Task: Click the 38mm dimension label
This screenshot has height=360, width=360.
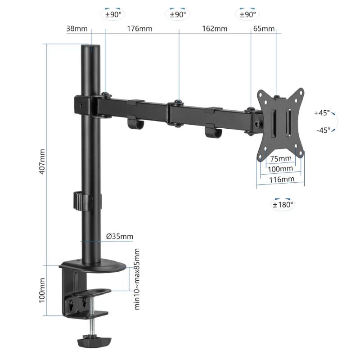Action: pyautogui.click(x=77, y=29)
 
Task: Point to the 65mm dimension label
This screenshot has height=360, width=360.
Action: pyautogui.click(x=264, y=29)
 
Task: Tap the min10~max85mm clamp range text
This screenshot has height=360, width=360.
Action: pyautogui.click(x=137, y=279)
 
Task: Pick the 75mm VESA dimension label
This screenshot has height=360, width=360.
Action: pyautogui.click(x=280, y=158)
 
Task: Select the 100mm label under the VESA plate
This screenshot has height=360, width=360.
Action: pyautogui.click(x=280, y=169)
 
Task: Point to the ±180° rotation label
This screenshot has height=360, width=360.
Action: pyautogui.click(x=283, y=204)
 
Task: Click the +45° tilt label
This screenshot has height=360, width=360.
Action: pyautogui.click(x=322, y=113)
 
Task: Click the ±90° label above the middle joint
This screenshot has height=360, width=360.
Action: pyautogui.click(x=178, y=14)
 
